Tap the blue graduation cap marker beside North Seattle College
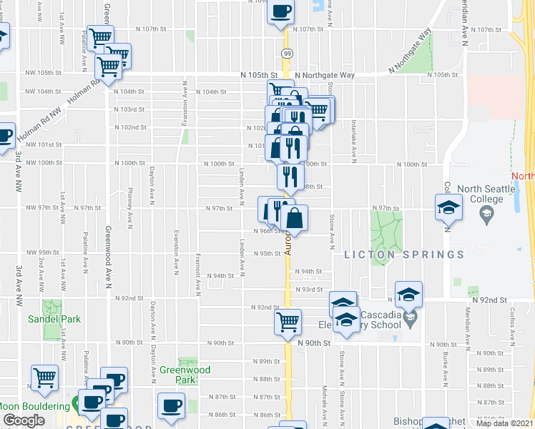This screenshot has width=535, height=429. click(448, 208)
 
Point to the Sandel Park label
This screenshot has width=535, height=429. click(54, 320)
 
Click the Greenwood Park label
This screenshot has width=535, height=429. click(185, 375)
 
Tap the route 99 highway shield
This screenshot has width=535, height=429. click(285, 53)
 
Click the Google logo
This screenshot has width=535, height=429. click(24, 420)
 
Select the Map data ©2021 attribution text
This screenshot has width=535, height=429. click(504, 423)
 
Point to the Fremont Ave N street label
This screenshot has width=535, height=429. click(198, 275)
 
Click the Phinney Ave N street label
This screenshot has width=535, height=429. click(129, 204)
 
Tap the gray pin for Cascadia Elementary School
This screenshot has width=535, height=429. click(409, 315)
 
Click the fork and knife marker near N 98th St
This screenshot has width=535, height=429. click(290, 175)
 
